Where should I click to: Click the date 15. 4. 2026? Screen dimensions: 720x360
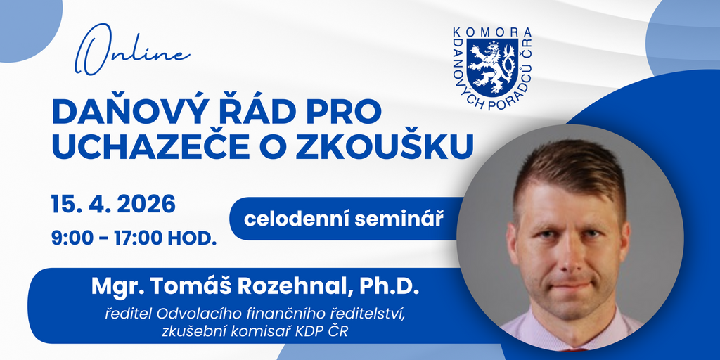point(113,205)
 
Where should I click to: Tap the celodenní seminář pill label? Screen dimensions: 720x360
point(343,219)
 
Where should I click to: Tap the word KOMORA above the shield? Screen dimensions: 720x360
point(492,32)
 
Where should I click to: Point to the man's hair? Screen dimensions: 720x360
point(570,171)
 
